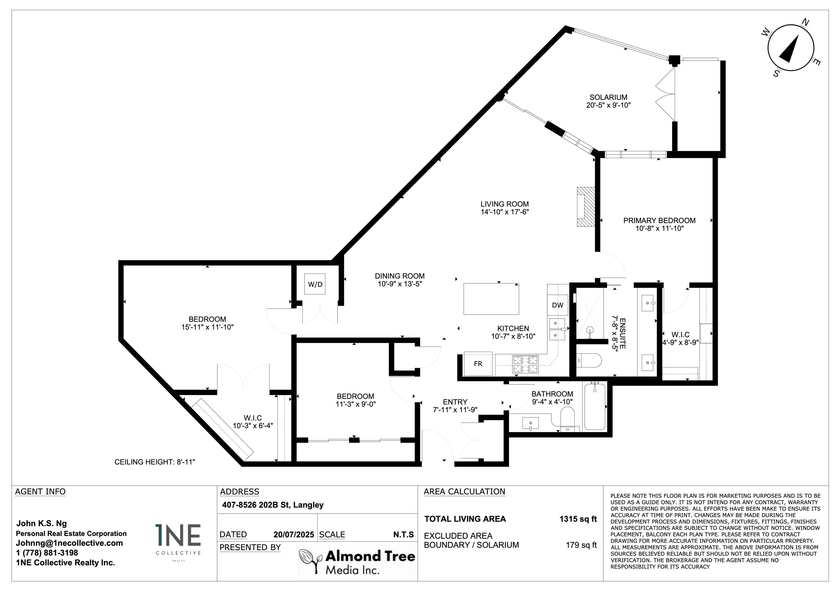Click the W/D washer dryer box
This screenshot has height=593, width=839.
tap(315, 284)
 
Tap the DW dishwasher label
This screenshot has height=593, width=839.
tap(558, 305)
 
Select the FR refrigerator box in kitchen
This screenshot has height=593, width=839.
tap(478, 364)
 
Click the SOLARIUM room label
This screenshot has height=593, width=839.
tap(608, 97)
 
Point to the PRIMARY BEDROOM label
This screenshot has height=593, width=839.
tap(659, 220)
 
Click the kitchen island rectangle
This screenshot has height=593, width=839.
tap(491, 298)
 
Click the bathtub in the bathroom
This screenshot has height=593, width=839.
tap(595, 406)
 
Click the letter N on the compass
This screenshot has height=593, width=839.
tap(805, 23)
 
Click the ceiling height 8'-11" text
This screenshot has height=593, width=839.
tap(155, 462)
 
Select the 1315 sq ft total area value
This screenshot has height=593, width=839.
tap(578, 519)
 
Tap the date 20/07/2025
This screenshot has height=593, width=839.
tap(294, 535)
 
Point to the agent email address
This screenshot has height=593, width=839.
tap(69, 543)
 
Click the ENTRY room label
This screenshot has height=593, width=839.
tap(455, 402)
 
